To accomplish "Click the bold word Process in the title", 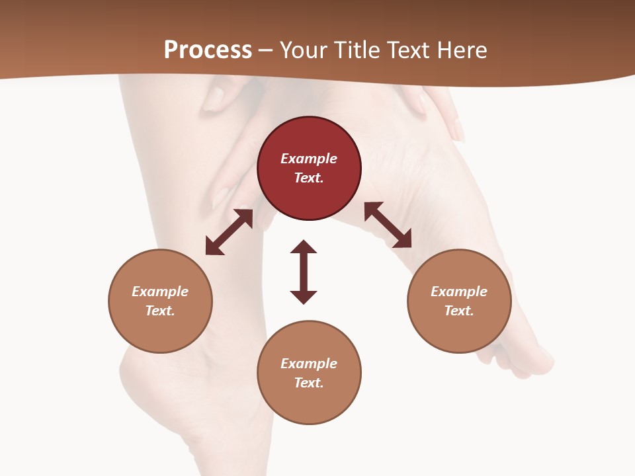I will tap(208, 50).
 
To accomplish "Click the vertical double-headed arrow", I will tap(304, 272).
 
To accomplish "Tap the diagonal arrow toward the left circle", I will tap(229, 232).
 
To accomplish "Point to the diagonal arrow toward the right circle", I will tap(388, 225).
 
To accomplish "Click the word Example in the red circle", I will tap(309, 159).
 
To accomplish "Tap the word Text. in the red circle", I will tap(309, 178).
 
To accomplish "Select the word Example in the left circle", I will tap(160, 292).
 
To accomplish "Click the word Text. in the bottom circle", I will tap(309, 383).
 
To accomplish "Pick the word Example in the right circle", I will tap(459, 292).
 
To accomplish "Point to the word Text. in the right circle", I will tap(459, 311).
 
